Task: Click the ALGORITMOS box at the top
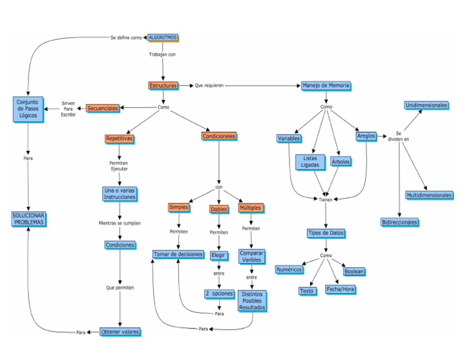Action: pyautogui.click(x=163, y=37)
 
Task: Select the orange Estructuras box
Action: pyautogui.click(x=163, y=85)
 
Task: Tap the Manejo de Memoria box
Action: pyautogui.click(x=326, y=85)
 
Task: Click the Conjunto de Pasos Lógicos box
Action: pyautogui.click(x=28, y=108)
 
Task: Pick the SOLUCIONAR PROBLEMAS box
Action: pyautogui.click(x=28, y=219)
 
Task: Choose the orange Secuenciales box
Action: pyautogui.click(x=103, y=108)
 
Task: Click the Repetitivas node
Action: pyautogui.click(x=119, y=139)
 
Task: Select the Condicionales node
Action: pyautogui.click(x=219, y=136)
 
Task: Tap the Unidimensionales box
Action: pyautogui.click(x=427, y=105)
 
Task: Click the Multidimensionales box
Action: pyautogui.click(x=429, y=195)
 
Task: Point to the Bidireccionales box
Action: pyautogui.click(x=400, y=222)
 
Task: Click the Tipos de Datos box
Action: pyautogui.click(x=326, y=233)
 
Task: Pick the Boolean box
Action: pyautogui.click(x=354, y=272)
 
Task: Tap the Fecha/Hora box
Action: pyautogui.click(x=340, y=290)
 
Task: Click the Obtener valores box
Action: pyautogui.click(x=120, y=332)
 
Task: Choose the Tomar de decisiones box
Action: pyautogui.click(x=178, y=255)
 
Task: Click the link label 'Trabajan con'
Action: pyautogui.click(x=162, y=55)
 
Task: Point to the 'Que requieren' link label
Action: pyautogui.click(x=209, y=85)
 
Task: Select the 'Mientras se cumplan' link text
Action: pyautogui.click(x=120, y=223)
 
